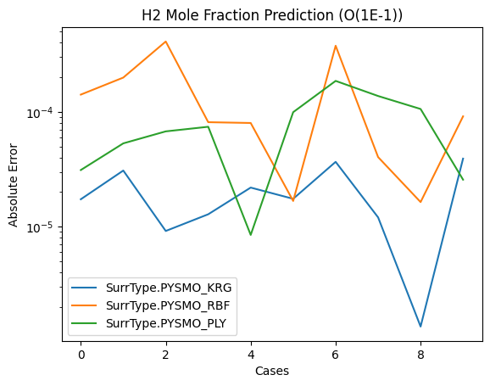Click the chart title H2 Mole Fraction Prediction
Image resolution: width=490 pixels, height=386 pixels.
pyautogui.click(x=237, y=15)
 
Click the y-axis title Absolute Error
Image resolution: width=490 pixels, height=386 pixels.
pyautogui.click(x=13, y=185)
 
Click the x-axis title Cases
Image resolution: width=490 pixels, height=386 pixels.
pyautogui.click(x=272, y=371)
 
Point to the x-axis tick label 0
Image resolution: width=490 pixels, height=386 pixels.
pyautogui.click(x=81, y=355)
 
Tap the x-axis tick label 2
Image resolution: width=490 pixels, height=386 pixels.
pyautogui.click(x=165, y=355)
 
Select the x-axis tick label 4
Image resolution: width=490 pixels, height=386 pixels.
pyautogui.click(x=251, y=355)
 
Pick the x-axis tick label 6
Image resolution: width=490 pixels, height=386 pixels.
pyautogui.click(x=336, y=355)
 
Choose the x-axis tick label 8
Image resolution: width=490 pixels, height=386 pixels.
pyautogui.click(x=420, y=355)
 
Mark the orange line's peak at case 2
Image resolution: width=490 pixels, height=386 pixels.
pyautogui.click(x=165, y=42)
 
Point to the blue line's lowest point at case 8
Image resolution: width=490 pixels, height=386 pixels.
pyautogui.click(x=420, y=327)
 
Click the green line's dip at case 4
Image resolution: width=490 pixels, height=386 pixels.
pyautogui.click(x=251, y=235)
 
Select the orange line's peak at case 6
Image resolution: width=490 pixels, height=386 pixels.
pyautogui.click(x=336, y=46)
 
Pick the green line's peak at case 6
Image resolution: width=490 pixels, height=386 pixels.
pyautogui.click(x=336, y=81)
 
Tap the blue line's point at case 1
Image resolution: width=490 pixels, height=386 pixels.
pyautogui.click(x=124, y=171)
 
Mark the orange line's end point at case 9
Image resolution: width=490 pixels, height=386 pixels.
pyautogui.click(x=463, y=116)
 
